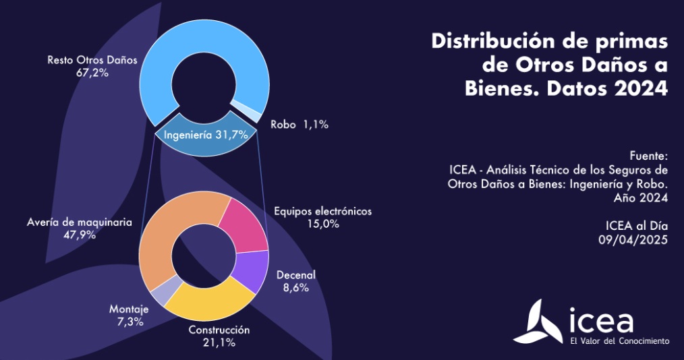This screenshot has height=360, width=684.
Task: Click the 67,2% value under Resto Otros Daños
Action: [x=92, y=72]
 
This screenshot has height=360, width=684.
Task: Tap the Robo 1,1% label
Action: [x=300, y=125]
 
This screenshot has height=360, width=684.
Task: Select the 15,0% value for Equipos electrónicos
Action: [x=322, y=224]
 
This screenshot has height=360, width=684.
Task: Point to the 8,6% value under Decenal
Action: [x=295, y=288]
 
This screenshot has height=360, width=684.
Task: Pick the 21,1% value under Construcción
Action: [x=219, y=342]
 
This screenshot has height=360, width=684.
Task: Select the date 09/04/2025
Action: [x=633, y=240]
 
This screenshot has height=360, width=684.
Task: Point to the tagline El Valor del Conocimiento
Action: [x=620, y=340]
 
